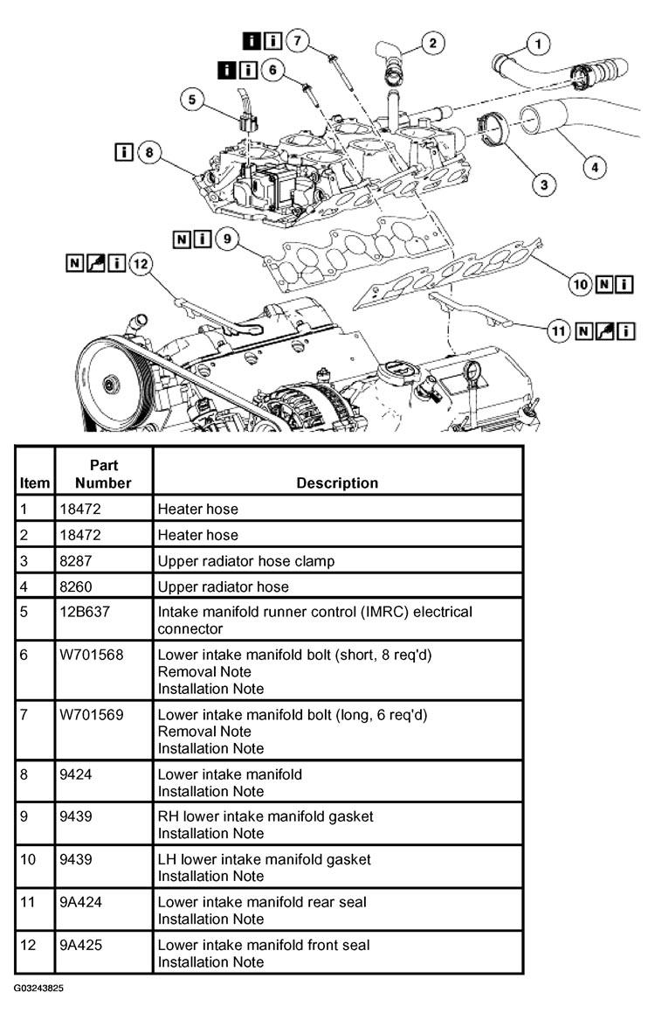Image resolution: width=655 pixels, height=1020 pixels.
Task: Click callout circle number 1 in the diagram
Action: click(539, 42)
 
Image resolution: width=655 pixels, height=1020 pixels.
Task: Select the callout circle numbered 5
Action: click(194, 100)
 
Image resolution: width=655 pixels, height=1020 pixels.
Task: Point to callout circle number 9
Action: click(226, 239)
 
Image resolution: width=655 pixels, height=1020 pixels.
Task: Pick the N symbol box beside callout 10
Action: click(603, 283)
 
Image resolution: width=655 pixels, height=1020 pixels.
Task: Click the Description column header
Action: click(337, 482)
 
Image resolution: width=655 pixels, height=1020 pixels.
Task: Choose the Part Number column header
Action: click(103, 474)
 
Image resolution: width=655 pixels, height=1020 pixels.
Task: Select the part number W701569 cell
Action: click(92, 715)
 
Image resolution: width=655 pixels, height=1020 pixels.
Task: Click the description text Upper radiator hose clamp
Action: click(245, 560)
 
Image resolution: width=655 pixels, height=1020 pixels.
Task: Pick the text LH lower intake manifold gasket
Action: click(264, 860)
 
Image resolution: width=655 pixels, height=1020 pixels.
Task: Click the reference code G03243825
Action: click(38, 989)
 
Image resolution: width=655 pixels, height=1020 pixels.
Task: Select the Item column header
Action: click(35, 482)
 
